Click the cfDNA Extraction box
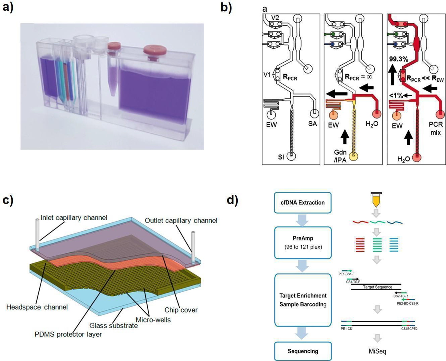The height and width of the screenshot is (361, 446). (x=303, y=203)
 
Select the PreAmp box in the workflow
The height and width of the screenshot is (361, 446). (x=303, y=243)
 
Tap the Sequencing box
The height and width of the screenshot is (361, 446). (x=303, y=351)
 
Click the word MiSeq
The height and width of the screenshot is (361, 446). (x=377, y=351)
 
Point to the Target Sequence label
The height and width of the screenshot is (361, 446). (x=378, y=287)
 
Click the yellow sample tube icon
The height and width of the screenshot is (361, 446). (x=376, y=200)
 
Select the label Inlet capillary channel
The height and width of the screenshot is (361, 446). (x=74, y=218)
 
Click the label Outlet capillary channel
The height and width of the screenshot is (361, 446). (x=181, y=221)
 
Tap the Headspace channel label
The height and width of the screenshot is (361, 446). (x=37, y=307)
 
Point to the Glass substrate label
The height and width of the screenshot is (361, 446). (x=113, y=326)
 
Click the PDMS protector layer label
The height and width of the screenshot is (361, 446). (x=68, y=334)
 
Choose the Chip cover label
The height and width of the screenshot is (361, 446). (x=181, y=310)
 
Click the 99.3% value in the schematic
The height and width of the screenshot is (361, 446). (x=399, y=59)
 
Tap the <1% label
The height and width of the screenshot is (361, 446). (x=396, y=96)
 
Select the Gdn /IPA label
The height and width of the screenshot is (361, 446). (x=340, y=156)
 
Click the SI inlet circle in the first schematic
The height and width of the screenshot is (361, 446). (x=291, y=156)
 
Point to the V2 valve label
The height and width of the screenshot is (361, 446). (x=275, y=18)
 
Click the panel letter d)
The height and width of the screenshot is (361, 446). (x=232, y=200)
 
